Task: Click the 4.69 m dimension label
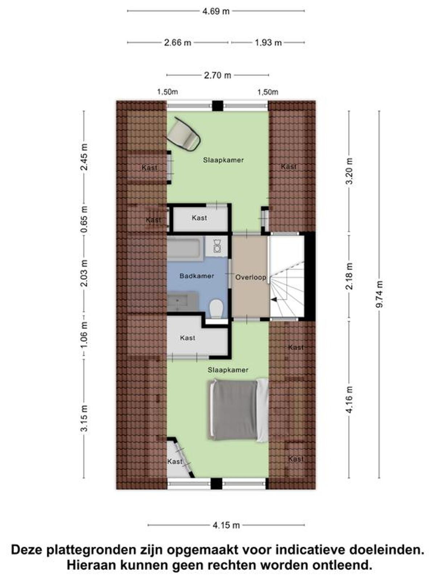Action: (216, 11)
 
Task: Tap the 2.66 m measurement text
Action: (178, 42)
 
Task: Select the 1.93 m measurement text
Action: (268, 42)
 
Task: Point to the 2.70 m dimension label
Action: (217, 75)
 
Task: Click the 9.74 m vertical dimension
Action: (380, 294)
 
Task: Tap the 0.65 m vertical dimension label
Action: (84, 220)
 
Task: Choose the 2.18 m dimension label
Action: (349, 276)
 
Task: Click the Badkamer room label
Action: (196, 276)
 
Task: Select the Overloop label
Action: (250, 277)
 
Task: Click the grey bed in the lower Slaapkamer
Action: (239, 410)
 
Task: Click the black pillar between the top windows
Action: (217, 106)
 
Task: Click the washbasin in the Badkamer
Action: (182, 301)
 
